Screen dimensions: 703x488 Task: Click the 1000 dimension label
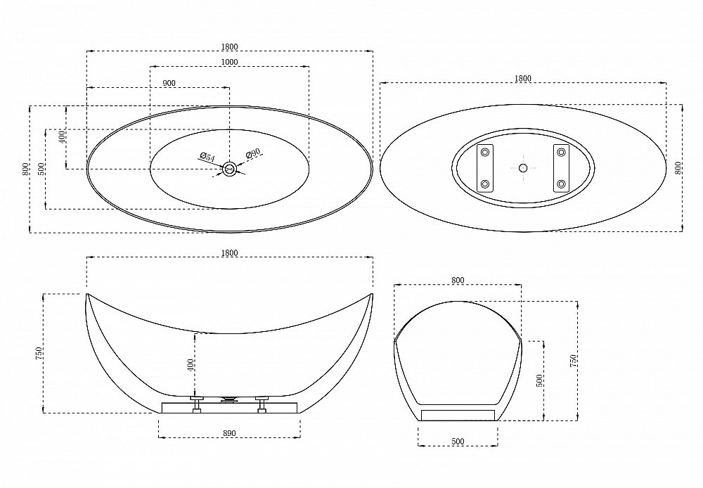pos(230,62)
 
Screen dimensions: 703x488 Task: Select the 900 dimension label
pos(169,83)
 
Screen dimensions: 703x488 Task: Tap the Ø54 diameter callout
pos(207,157)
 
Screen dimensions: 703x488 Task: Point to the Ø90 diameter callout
pos(253,153)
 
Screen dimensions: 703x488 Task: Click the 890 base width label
pos(229,433)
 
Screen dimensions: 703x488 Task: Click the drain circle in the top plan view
pos(230,169)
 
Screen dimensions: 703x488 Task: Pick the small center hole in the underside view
pos(523,168)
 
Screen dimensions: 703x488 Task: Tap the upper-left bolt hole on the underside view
pos(484,153)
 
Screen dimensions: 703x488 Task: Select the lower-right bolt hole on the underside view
pos(561,184)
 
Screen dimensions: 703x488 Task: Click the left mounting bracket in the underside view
pos(484,168)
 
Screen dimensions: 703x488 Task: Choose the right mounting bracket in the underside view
pos(561,168)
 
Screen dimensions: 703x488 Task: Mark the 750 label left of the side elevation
pos(39,354)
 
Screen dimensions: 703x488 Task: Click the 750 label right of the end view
pos(572,361)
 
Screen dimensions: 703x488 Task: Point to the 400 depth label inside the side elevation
pos(191,365)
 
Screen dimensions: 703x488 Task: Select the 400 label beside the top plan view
pos(62,136)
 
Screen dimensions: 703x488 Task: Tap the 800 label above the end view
pos(458,281)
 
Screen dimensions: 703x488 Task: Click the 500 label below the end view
pos(458,442)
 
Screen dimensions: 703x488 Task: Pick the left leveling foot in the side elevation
pos(197,404)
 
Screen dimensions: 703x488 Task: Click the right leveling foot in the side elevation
pos(262,404)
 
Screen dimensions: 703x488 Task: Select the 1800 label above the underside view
pos(523,79)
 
